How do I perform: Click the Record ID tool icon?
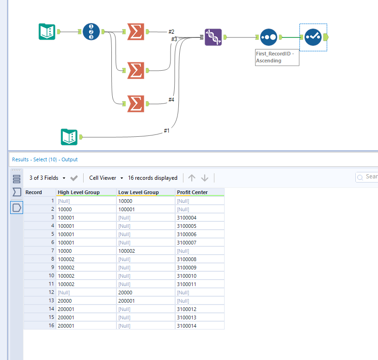click(91, 32)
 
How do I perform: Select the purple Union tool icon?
click(213, 37)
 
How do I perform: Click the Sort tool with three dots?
click(268, 37)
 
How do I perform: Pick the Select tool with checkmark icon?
click(313, 37)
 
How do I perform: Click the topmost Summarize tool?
click(135, 32)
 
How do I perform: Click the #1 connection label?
click(167, 131)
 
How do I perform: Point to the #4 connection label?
click(171, 99)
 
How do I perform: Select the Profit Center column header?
click(192, 192)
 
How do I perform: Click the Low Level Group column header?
click(139, 192)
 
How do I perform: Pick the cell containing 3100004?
click(187, 218)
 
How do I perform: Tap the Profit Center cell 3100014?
click(187, 326)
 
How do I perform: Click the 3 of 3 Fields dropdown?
click(47, 178)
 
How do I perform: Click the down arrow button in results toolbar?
click(205, 178)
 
